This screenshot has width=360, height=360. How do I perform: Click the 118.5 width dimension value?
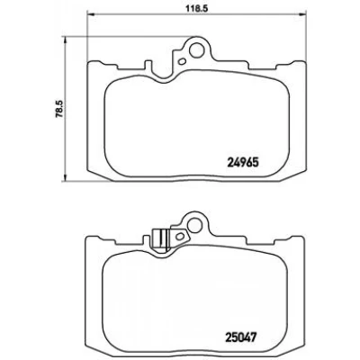195,8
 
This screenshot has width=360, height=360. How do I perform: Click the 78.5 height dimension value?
58,109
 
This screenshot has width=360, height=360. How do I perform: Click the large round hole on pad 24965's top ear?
196,49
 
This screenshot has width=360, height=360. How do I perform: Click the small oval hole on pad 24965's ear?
182,62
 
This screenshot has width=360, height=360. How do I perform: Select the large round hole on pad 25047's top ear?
195,224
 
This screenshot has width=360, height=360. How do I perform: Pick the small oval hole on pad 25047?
181,236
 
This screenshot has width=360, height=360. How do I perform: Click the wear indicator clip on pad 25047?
161,239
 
